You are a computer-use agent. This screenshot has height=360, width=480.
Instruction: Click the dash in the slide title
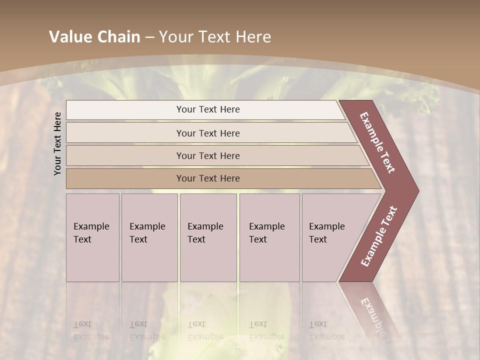coord(149,37)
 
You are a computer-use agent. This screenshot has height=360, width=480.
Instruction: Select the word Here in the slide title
coord(253,37)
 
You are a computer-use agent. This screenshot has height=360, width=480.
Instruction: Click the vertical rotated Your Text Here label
coord(57,143)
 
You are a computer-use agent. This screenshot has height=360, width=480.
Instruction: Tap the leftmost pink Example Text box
coord(92,237)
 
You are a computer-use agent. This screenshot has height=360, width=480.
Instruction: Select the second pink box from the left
coord(149,237)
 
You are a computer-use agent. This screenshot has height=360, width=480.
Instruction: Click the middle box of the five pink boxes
coord(208,237)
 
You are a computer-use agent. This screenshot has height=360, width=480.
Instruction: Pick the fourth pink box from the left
coord(269,237)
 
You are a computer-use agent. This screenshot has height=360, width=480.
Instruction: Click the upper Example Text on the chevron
coord(377,142)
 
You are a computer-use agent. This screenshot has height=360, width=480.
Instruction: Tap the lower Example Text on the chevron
coord(379,236)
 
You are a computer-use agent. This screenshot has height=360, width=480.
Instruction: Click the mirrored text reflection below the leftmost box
coord(91,330)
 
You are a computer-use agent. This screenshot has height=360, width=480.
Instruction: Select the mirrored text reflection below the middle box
coord(205,330)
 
